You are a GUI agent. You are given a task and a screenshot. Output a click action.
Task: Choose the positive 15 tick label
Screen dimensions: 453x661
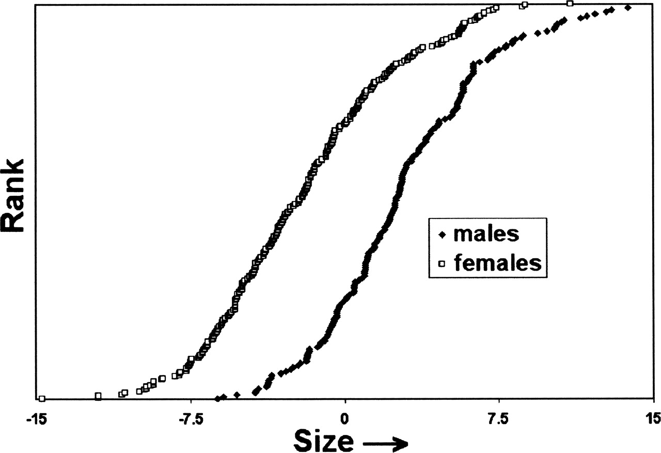coord(652,418)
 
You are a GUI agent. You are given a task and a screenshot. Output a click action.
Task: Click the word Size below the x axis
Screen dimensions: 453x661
coord(324,440)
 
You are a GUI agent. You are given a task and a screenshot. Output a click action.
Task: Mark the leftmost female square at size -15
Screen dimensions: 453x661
coord(42,399)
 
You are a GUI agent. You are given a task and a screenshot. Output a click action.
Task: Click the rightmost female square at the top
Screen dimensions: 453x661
coord(570,4)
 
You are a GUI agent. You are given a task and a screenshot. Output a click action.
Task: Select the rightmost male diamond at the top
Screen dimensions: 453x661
coord(627,7)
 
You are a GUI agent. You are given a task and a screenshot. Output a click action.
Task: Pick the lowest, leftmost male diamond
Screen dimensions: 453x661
coord(217,399)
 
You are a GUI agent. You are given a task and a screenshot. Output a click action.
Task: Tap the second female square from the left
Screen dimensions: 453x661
coord(98,396)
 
